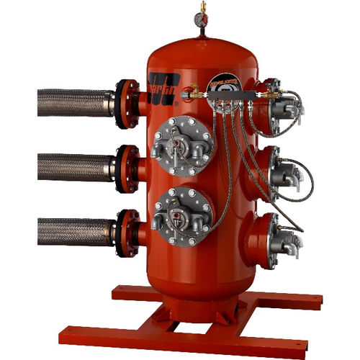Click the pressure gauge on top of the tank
(x=201, y=22)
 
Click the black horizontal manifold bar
(x=230, y=94)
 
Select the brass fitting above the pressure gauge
(x=201, y=6)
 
